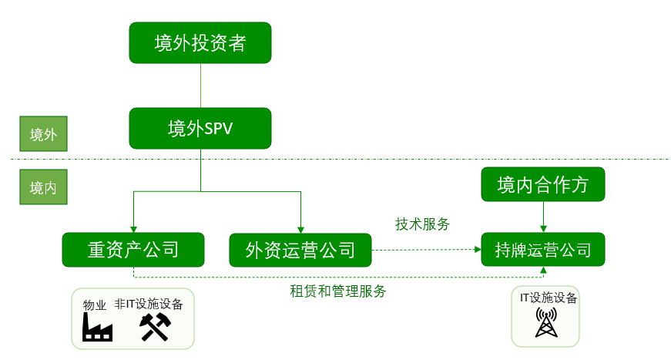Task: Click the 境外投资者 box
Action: click(x=200, y=43)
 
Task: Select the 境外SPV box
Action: click(x=200, y=128)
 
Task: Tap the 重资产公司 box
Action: click(x=133, y=250)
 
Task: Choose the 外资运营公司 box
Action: click(x=300, y=250)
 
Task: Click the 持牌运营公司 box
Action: click(x=543, y=250)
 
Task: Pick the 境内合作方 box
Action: click(x=543, y=185)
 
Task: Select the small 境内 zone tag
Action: click(x=43, y=188)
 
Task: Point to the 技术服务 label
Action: click(x=422, y=224)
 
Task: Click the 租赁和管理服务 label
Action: click(x=338, y=291)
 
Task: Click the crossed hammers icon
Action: click(x=153, y=328)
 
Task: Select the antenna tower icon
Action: click(x=546, y=323)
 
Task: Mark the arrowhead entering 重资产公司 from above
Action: click(x=133, y=229)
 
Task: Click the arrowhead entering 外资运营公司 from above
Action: click(x=300, y=229)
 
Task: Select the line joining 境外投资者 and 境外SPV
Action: click(x=200, y=86)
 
